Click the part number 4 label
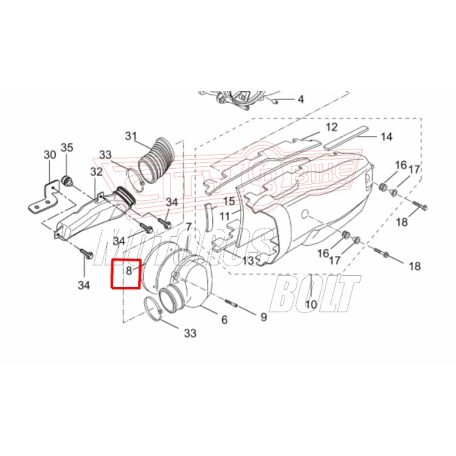pyautogui.click(x=300, y=101)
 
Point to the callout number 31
pyautogui.click(x=132, y=136)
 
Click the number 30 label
pyautogui.click(x=51, y=155)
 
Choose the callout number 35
pyautogui.click(x=68, y=148)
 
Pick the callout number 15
pyautogui.click(x=229, y=202)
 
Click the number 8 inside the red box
pyautogui.click(x=128, y=270)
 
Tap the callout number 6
pyautogui.click(x=224, y=320)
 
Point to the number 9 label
pyautogui.click(x=263, y=317)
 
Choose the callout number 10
pyautogui.click(x=310, y=304)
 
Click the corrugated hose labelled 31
pyautogui.click(x=157, y=159)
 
